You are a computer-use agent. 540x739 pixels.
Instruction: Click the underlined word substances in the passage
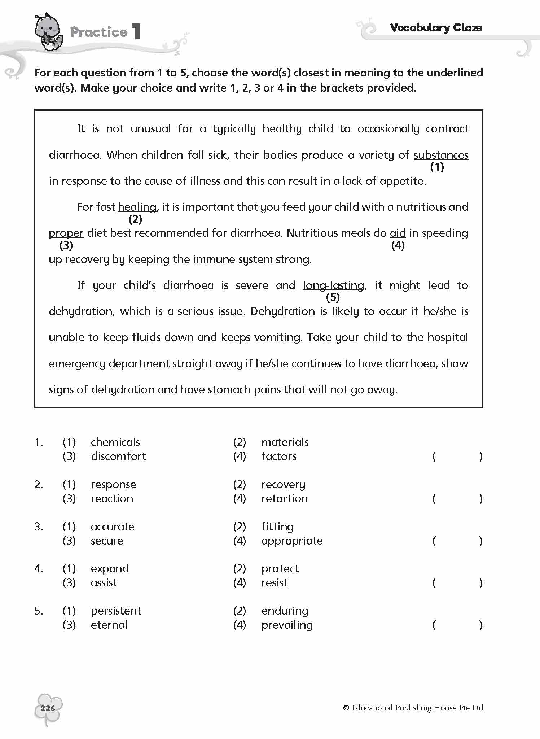tap(441, 155)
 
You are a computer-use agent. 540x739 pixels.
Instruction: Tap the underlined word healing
tap(137, 207)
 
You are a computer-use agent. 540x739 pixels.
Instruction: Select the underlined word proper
tap(66, 233)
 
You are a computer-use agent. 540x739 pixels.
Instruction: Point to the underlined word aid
tap(398, 233)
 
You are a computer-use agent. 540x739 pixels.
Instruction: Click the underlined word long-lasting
tap(334, 285)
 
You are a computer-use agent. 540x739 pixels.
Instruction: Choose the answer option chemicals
tap(115, 442)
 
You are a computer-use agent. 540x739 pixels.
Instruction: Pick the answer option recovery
tap(283, 485)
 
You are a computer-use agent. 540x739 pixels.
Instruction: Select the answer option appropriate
tap(292, 541)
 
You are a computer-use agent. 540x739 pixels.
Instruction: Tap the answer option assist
tap(104, 583)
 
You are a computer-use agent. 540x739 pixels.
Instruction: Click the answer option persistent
tap(116, 611)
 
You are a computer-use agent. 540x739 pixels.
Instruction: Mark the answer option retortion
tap(284, 499)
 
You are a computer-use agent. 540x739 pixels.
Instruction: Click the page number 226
tap(48, 708)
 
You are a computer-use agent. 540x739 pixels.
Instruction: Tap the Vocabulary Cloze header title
tap(436, 28)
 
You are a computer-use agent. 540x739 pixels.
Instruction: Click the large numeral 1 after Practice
tap(136, 32)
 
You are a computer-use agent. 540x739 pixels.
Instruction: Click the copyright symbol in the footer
tap(346, 708)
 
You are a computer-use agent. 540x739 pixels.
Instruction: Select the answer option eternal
tap(109, 625)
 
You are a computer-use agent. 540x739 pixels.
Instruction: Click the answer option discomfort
tap(118, 456)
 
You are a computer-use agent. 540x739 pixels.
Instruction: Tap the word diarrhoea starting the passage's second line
tap(75, 155)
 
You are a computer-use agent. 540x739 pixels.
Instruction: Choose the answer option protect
tap(280, 569)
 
